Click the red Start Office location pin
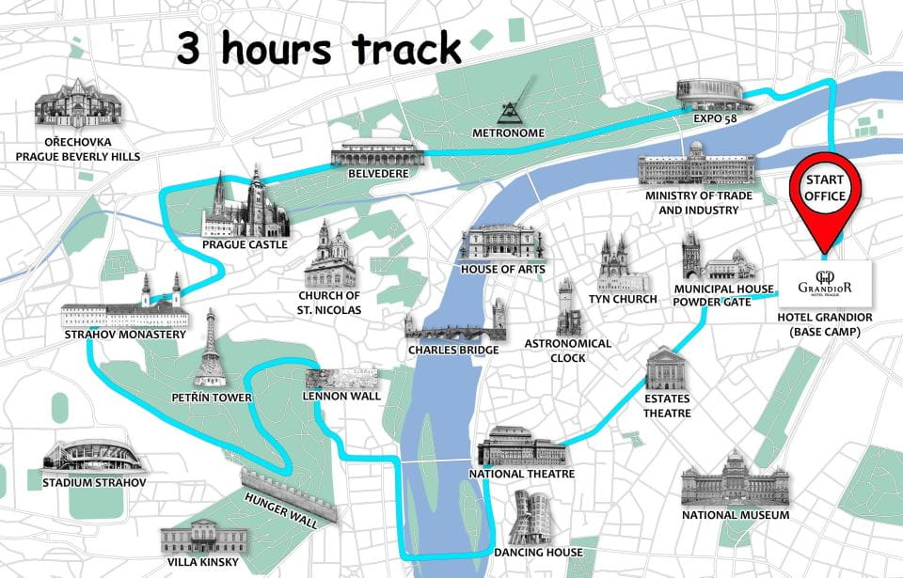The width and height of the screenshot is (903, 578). pos(825,193)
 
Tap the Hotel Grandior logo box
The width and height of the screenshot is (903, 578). pos(825,284)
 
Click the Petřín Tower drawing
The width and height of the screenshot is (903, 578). pos(211,349)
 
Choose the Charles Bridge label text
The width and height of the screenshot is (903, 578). pos(446,350)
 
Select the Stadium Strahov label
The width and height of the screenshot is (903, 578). pos(94,483)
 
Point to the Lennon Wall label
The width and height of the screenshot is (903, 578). pos(342,397)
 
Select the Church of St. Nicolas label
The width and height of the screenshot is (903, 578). pos(329,304)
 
